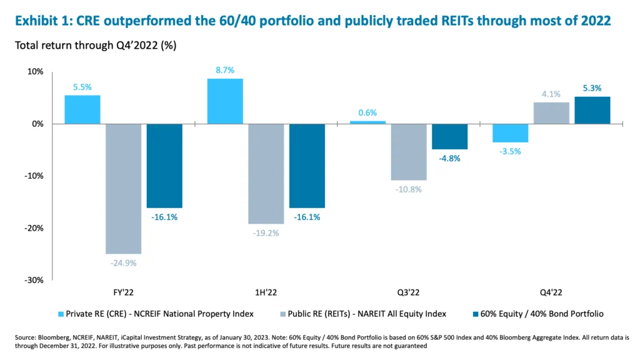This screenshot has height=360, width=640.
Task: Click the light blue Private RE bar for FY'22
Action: (x=82, y=109)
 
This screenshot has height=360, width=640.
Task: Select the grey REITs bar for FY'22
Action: (x=123, y=188)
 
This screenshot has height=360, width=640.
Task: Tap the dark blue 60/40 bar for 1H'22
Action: (x=306, y=166)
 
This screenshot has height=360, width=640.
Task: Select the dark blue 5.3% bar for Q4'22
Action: (x=592, y=110)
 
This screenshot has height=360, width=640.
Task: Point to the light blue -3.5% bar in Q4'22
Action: (x=511, y=133)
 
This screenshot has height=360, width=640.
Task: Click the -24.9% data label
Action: (x=123, y=263)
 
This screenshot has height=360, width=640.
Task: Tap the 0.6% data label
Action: (x=367, y=112)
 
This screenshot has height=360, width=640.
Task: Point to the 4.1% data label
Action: (x=551, y=94)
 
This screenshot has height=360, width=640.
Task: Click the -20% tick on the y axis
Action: (x=35, y=228)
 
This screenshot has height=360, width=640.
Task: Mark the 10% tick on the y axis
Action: (x=35, y=72)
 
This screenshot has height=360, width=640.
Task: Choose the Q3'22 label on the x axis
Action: (x=410, y=292)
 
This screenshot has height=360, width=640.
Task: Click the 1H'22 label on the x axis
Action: (x=267, y=292)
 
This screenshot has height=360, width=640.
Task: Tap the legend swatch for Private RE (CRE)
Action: (x=61, y=313)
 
